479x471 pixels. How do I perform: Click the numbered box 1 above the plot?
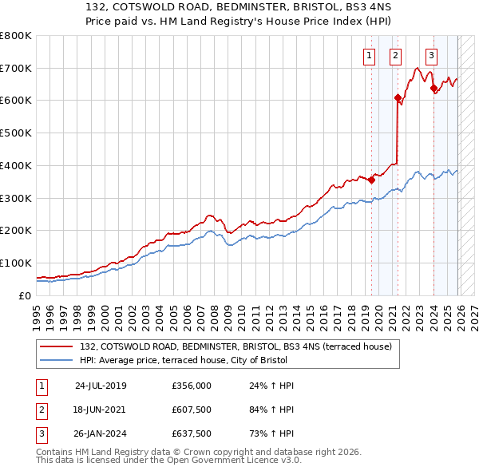click(370, 55)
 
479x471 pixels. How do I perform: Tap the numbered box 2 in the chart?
click(395, 55)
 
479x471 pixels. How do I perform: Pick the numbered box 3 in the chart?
click(431, 55)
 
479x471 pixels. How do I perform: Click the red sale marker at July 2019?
click(372, 180)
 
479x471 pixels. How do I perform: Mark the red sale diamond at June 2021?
click(397, 98)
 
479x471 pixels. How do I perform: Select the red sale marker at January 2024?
click(433, 89)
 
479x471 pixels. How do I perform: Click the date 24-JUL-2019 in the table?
click(101, 386)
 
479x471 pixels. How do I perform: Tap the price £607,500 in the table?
click(191, 410)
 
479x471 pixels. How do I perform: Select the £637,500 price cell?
click(191, 434)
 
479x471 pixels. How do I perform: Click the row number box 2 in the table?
click(41, 410)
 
